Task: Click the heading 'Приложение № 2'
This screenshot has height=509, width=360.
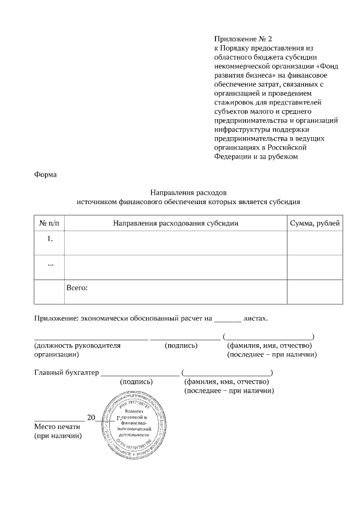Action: (x=242, y=39)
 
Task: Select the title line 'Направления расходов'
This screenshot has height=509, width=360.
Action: (x=188, y=192)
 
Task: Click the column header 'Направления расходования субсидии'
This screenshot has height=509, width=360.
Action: (x=175, y=223)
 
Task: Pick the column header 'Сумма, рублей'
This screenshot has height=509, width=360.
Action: (x=314, y=223)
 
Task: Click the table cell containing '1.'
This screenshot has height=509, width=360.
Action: (x=49, y=239)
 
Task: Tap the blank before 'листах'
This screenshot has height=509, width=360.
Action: (x=228, y=318)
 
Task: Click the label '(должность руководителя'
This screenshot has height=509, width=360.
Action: (x=78, y=345)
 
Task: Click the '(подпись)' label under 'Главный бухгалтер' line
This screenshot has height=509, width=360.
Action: (x=137, y=381)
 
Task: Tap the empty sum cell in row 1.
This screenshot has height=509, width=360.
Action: (x=314, y=243)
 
